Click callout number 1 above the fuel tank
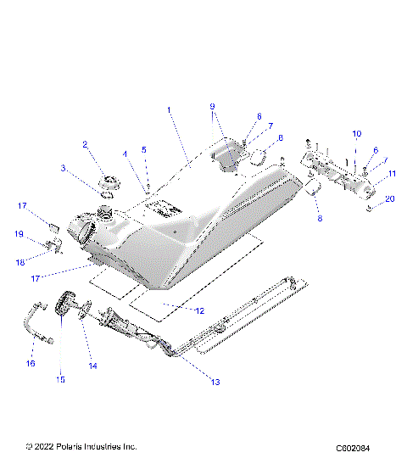[x=169, y=109]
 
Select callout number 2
[x=85, y=144]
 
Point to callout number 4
[x=125, y=154]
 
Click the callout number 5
[x=143, y=149]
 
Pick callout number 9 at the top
[x=213, y=106]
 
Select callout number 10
[x=356, y=133]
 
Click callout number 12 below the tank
[x=200, y=311]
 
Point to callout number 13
[x=215, y=383]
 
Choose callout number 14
[x=93, y=366]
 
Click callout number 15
[x=60, y=380]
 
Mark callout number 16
[x=31, y=363]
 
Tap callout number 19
[x=19, y=233]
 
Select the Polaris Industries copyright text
[x=81, y=445]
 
